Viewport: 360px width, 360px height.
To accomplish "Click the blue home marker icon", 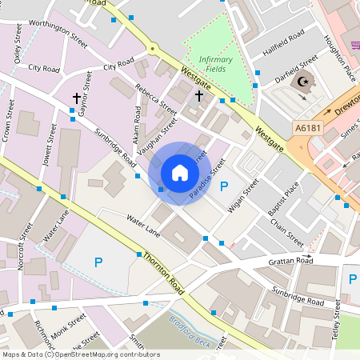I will [180, 173].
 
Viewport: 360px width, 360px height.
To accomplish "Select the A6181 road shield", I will [308, 127].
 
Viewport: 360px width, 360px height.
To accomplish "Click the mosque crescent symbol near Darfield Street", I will [302, 82].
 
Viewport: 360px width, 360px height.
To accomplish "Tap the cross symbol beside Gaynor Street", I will [77, 98].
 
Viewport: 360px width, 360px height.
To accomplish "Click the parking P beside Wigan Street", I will [224, 186].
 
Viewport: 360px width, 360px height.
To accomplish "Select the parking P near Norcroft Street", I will [98, 262].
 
